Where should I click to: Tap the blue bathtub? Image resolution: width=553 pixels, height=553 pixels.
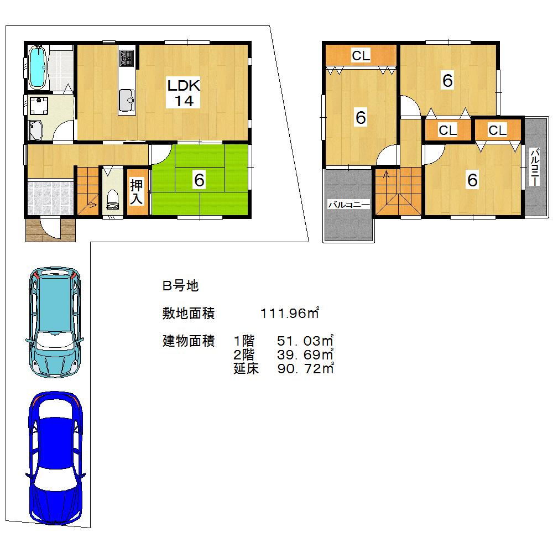point(37,67)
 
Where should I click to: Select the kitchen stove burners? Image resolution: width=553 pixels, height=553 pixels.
point(127,58)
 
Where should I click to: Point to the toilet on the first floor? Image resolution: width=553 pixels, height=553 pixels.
point(112,199)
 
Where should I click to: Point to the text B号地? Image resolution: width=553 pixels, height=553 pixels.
point(180,286)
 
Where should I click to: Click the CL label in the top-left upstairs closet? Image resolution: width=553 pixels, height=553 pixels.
point(361,55)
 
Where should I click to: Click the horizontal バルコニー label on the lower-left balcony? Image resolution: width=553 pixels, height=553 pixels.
point(348,205)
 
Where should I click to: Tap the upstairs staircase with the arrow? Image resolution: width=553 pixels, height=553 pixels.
point(398,191)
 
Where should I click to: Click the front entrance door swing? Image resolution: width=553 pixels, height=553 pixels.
point(50,228)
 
